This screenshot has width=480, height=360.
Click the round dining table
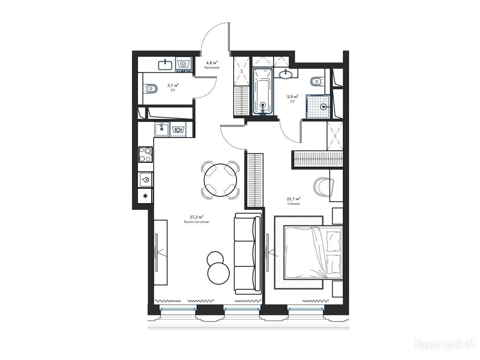point(220,180)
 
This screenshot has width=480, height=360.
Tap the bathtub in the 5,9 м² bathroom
point(263,91)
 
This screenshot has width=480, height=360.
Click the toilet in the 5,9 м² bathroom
point(317,82)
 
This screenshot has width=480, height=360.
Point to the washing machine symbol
point(183,64)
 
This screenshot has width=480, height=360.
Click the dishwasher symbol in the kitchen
point(178,130)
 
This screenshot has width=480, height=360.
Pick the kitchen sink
point(162,129)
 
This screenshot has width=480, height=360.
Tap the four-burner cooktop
point(145,155)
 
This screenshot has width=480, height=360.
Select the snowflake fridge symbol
point(145,196)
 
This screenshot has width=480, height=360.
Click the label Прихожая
point(212,68)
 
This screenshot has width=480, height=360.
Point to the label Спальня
point(293,204)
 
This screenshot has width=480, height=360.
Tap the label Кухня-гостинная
point(196,222)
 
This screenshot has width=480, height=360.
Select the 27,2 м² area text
point(196,217)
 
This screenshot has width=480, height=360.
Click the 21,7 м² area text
point(293,199)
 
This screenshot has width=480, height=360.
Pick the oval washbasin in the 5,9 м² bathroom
point(286,74)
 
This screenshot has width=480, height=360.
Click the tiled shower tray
point(318,106)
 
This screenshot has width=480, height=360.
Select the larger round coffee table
point(218,274)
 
